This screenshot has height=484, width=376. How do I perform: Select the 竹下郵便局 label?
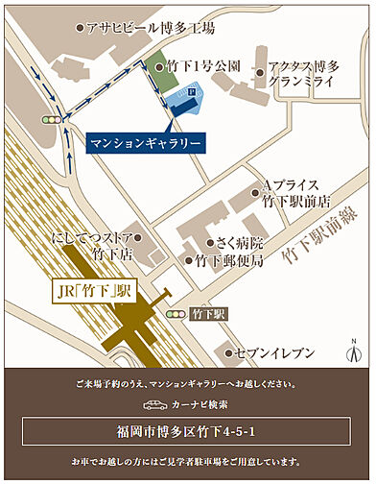227,260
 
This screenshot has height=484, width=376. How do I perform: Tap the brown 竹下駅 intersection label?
207,314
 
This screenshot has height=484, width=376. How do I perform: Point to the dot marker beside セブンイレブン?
229,353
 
